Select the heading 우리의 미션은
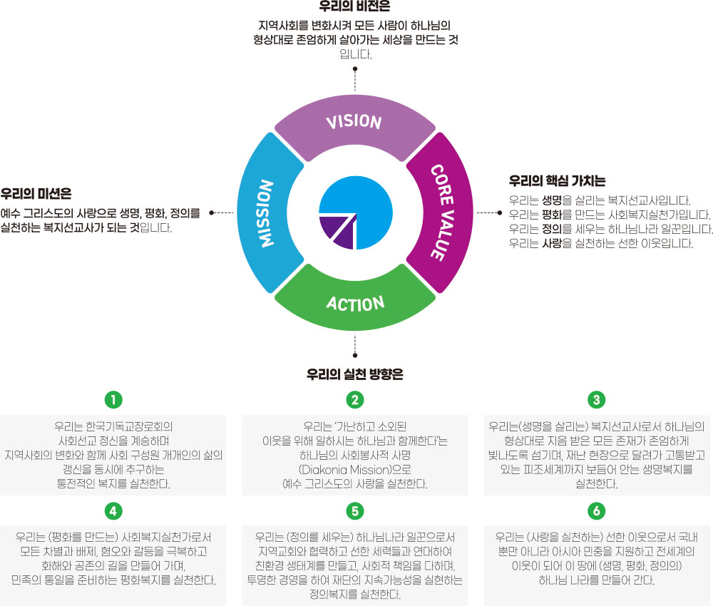[x=36, y=193]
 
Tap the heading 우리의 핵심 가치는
[x=557, y=181]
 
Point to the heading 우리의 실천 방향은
[x=354, y=374]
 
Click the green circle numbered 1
[x=113, y=398]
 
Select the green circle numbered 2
[x=354, y=398]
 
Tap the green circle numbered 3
[x=597, y=398]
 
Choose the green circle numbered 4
[x=113, y=510]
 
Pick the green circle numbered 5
[x=354, y=510]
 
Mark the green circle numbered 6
[x=597, y=510]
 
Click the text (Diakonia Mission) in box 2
[x=338, y=471]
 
